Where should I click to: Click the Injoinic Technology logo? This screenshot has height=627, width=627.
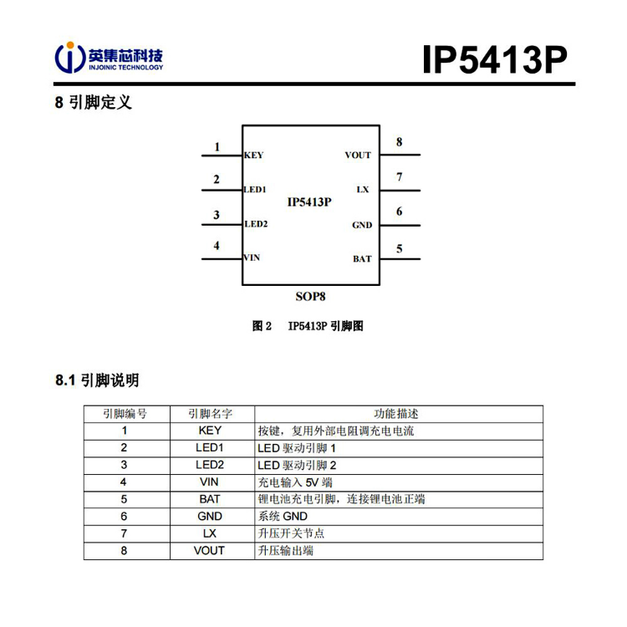coord(109,58)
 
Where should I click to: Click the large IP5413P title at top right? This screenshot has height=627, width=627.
coord(495,59)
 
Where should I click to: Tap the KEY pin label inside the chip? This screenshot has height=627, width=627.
coord(254,155)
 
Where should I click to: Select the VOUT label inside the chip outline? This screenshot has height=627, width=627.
coord(358,155)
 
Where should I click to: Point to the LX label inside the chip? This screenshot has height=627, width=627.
coord(363,190)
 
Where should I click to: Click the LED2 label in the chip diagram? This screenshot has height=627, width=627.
coord(256,224)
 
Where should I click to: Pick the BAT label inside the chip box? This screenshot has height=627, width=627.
coord(362,259)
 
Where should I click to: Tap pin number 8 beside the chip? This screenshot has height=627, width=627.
coord(399,142)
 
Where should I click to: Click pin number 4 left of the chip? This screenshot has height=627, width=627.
coord(217,246)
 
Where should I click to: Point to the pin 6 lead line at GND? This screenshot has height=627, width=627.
coord(400,226)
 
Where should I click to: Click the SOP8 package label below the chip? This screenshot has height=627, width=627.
coord(311,297)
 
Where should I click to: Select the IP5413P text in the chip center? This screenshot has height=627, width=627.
coord(309,202)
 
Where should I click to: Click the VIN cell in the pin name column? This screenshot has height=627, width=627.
coord(209,482)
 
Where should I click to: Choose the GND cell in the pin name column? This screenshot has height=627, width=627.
coord(210,517)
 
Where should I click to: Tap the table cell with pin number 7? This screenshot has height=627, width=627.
coord(124,534)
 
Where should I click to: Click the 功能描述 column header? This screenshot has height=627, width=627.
coord(396,414)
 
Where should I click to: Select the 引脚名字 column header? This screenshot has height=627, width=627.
coord(211,414)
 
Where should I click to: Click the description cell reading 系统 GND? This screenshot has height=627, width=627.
coord(283,517)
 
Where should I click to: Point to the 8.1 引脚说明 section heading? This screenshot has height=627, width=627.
coord(97,380)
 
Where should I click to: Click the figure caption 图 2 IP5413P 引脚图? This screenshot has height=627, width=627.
coord(308,326)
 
